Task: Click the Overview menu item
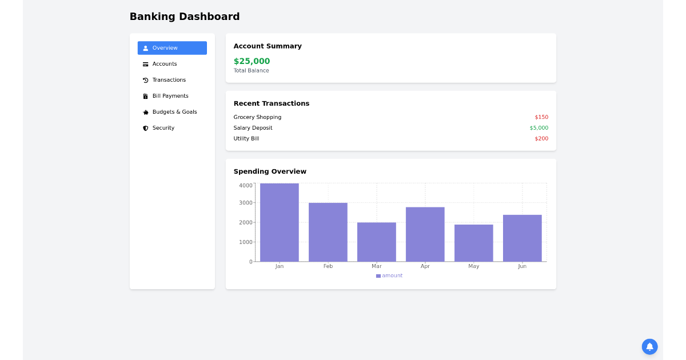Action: (171, 48)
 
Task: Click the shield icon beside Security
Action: (146, 128)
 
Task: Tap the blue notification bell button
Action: (649, 346)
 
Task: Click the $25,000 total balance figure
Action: (252, 61)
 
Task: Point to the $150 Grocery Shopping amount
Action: (541, 117)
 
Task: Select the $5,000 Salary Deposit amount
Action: (539, 128)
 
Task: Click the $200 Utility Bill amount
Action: (541, 139)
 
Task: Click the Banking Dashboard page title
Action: (185, 17)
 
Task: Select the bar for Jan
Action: (280, 223)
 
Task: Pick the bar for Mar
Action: (377, 242)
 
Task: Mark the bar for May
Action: (474, 243)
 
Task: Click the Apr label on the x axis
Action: (425, 266)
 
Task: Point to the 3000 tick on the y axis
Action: (245, 203)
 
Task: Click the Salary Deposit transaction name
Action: (253, 128)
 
